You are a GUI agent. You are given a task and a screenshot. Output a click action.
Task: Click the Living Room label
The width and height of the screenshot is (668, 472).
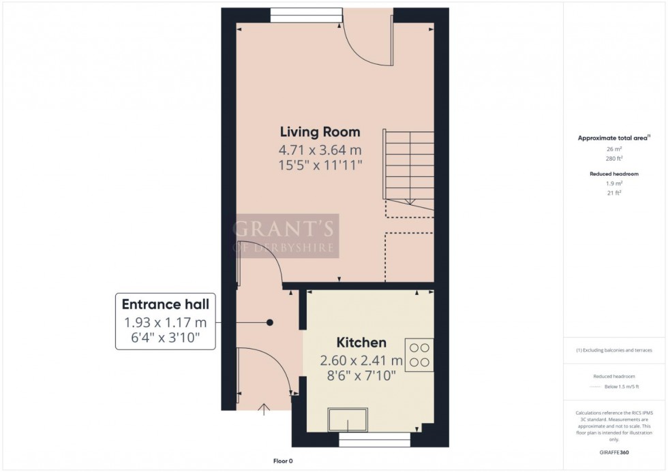point(320,131)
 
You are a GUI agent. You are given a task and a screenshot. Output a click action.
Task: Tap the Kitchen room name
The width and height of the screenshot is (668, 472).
point(361,343)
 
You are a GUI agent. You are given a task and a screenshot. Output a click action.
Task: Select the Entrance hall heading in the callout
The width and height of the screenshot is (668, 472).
point(166,304)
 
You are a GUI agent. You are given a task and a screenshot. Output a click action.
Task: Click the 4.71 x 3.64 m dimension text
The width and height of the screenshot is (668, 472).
point(320,148)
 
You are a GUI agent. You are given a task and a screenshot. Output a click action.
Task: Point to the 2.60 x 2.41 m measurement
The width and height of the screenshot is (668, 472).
point(361,360)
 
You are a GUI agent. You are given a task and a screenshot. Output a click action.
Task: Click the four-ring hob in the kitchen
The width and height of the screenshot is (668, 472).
point(419,354)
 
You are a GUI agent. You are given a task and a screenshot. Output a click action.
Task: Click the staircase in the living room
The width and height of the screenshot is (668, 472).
point(409,167)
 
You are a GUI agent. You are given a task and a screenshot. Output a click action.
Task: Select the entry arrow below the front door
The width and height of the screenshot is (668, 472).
point(264,409)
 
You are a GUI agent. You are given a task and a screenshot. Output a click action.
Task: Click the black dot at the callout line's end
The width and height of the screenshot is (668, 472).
point(270,323)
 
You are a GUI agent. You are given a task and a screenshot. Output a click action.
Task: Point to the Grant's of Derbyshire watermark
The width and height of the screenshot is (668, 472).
point(286,236)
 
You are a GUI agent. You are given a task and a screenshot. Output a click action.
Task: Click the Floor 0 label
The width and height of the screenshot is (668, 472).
point(279,461)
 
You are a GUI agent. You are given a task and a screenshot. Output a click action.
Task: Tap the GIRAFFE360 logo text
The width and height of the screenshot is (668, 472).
point(615,452)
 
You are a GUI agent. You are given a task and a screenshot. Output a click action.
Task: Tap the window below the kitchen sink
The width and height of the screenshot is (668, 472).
point(374,441)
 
